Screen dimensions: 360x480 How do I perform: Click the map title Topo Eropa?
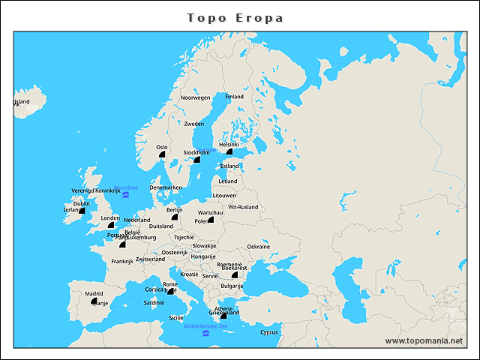pyautogui.click(x=235, y=17)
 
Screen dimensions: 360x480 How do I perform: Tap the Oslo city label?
pyautogui.click(x=161, y=147)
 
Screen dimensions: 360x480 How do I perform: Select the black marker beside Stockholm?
pyautogui.click(x=196, y=160)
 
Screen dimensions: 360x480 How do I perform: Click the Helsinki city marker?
pyautogui.click(x=229, y=151)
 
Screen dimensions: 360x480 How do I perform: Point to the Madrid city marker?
pyautogui.click(x=94, y=301)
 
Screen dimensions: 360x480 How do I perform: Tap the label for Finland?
pyautogui.click(x=235, y=97)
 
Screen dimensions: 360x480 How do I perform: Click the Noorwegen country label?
pyautogui.click(x=196, y=97)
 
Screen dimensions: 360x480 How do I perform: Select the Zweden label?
pyautogui.click(x=194, y=124)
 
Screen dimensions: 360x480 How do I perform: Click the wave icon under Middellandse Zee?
pyautogui.click(x=205, y=334)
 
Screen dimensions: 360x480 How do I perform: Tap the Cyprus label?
pyautogui.click(x=268, y=332)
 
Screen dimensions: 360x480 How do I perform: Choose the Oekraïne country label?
pyautogui.click(x=259, y=247)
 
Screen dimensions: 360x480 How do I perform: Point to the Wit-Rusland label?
pyautogui.click(x=243, y=207)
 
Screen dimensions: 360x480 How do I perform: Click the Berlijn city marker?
pyautogui.click(x=175, y=217)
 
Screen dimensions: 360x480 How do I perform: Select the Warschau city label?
pyautogui.click(x=210, y=213)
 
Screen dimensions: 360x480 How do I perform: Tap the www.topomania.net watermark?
pyautogui.click(x=424, y=340)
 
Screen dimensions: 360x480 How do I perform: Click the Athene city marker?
pyautogui.click(x=223, y=316)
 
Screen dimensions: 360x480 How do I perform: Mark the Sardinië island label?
pyautogui.click(x=154, y=303)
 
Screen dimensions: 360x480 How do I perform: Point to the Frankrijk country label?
pyautogui.click(x=121, y=262)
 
